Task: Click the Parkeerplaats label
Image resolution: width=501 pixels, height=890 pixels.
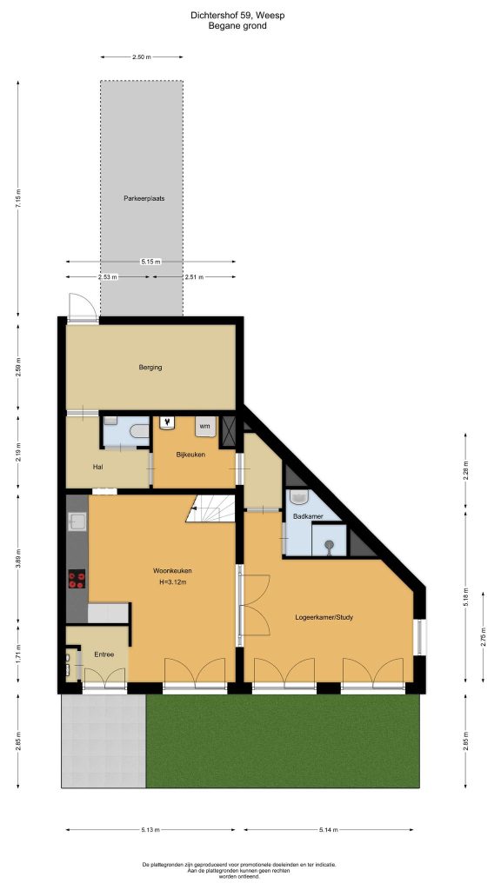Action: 144,199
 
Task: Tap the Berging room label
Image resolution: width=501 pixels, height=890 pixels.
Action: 150,368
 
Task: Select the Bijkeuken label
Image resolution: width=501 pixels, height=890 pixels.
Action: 190,455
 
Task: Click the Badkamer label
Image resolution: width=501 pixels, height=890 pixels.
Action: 308,517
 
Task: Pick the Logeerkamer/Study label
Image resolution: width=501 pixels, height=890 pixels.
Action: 324,617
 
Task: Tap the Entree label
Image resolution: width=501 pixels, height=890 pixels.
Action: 104,654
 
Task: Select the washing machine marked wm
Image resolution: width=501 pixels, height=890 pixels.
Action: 205,426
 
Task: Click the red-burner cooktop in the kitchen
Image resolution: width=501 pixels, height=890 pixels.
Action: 77,579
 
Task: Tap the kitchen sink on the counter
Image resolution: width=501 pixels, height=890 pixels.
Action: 77,521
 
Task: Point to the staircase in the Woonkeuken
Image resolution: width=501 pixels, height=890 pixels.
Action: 210,508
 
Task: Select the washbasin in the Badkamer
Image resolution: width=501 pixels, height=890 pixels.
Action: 299,497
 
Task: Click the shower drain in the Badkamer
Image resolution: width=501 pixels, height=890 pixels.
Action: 329,545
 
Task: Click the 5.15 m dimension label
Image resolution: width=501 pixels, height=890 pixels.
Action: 150,262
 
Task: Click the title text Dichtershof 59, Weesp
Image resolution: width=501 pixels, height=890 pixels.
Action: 237,16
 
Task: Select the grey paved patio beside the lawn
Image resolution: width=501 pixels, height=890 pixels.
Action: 104,741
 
